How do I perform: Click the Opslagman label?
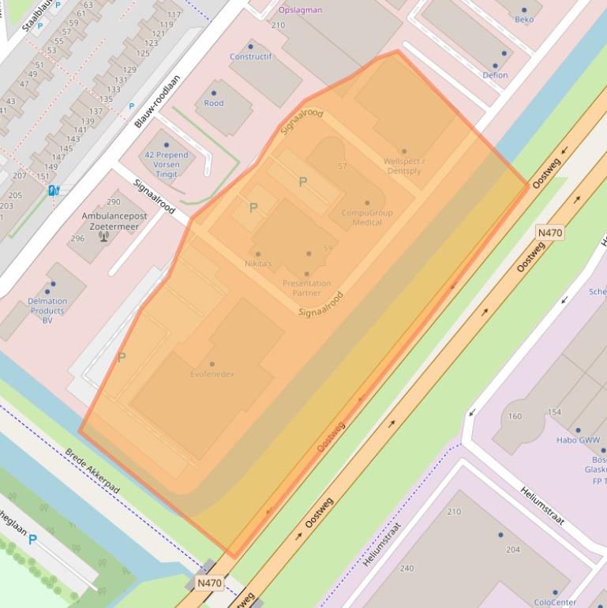300,10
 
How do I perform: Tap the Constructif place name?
250,57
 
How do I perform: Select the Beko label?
524,20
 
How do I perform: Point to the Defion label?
495,75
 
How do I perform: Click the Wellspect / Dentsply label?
403,166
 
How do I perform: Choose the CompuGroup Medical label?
366,217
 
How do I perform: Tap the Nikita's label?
258,264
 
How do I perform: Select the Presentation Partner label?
306,288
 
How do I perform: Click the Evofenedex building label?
212,374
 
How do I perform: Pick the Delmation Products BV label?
47,310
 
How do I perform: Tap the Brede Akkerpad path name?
92,471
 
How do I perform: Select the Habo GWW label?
578,441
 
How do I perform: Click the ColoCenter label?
555,602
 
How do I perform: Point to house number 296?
77,238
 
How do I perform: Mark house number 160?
515,416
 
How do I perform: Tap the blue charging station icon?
54,190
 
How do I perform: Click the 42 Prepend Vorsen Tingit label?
167,164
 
